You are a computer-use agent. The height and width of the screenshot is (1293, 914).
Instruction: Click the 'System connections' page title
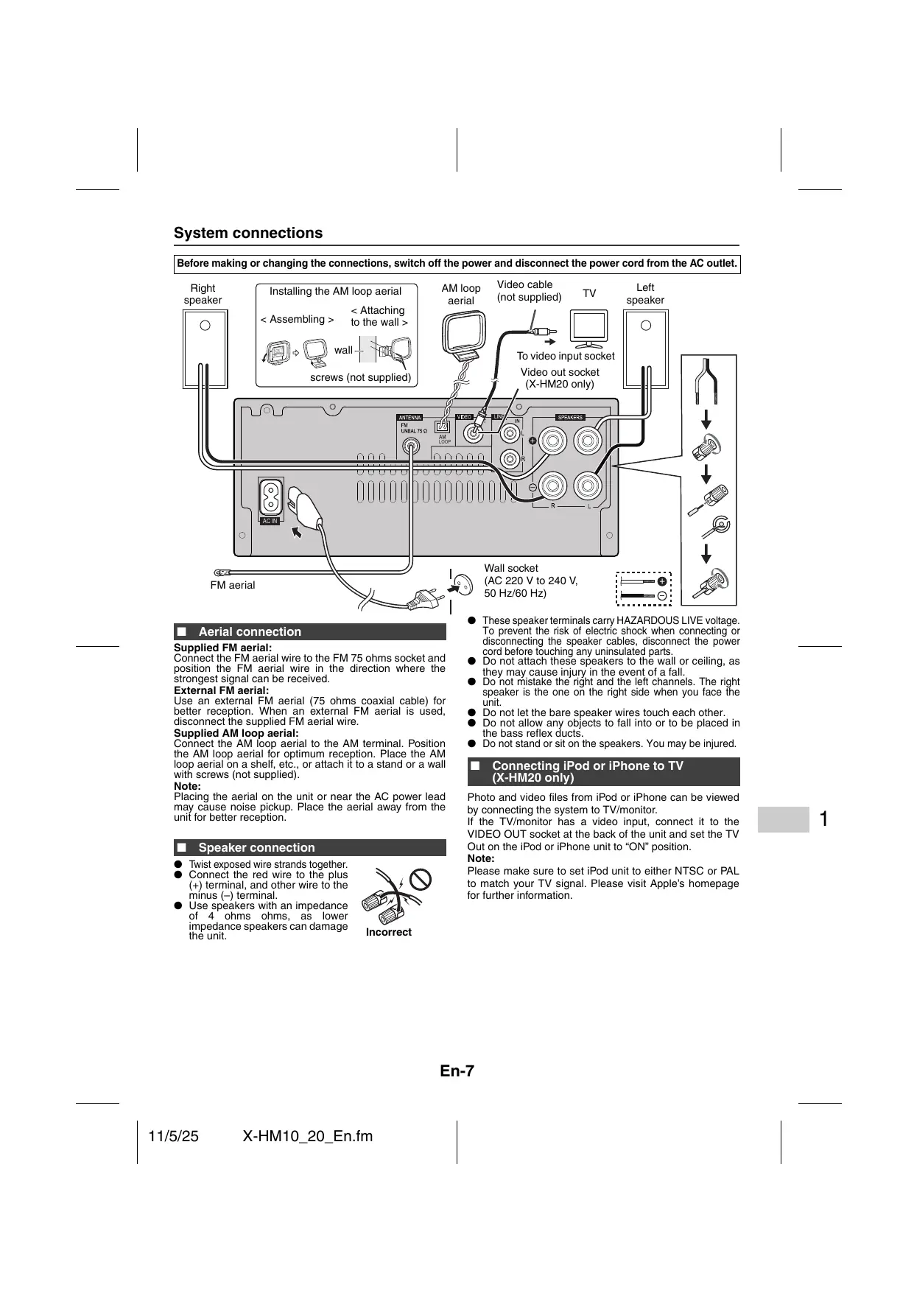point(248,234)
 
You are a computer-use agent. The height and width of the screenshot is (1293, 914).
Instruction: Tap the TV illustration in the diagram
point(589,329)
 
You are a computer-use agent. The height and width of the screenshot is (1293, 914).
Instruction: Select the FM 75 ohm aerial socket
point(410,446)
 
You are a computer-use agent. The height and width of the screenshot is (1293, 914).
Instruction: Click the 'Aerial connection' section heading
point(250,631)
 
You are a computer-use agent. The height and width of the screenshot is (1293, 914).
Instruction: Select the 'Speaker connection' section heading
point(256,847)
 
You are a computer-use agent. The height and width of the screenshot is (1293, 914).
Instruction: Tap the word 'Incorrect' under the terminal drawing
point(389,932)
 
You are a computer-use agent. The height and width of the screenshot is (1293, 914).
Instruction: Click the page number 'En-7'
point(457,1071)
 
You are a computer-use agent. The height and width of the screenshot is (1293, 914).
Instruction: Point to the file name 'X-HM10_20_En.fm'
point(307,1136)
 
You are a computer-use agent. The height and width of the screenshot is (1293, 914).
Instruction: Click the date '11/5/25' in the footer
point(173,1136)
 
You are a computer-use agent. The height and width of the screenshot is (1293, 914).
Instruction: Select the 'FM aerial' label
point(233,585)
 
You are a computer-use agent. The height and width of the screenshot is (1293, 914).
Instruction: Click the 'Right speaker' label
point(203,294)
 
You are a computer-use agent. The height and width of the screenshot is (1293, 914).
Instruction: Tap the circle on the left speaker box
point(646,326)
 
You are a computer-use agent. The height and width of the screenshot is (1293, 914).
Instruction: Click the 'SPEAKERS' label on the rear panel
point(570,417)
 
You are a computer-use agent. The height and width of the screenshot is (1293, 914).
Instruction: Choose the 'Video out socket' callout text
point(560,372)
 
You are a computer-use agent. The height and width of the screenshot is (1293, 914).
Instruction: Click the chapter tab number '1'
point(823,819)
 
